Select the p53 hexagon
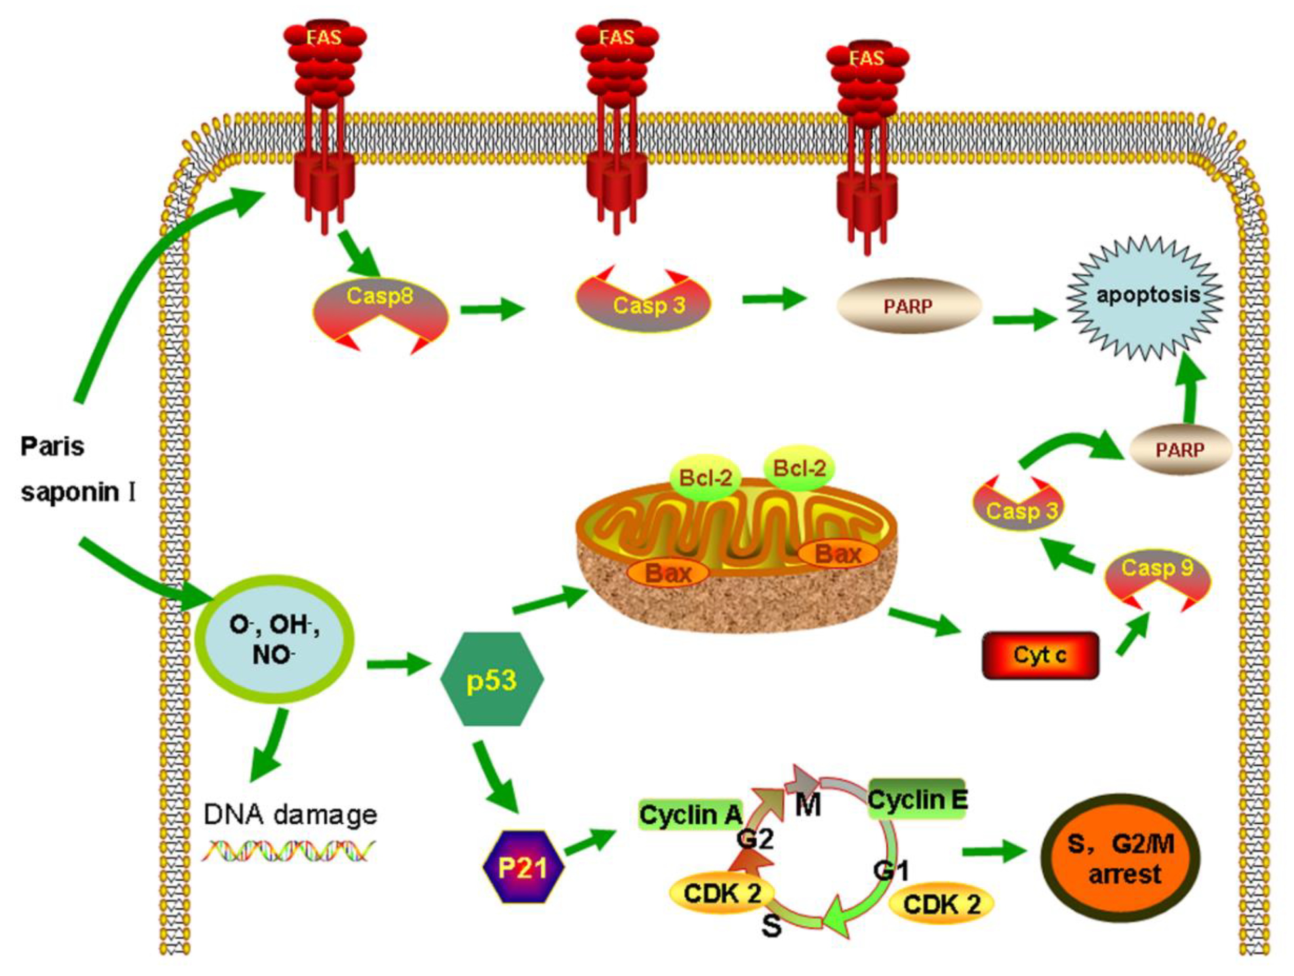(x=491, y=680)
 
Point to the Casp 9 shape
(x=1157, y=576)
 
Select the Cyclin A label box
(x=690, y=814)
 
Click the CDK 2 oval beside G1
(x=941, y=904)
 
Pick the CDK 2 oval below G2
(x=722, y=893)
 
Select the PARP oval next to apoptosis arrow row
(x=908, y=306)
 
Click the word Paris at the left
(x=53, y=447)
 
